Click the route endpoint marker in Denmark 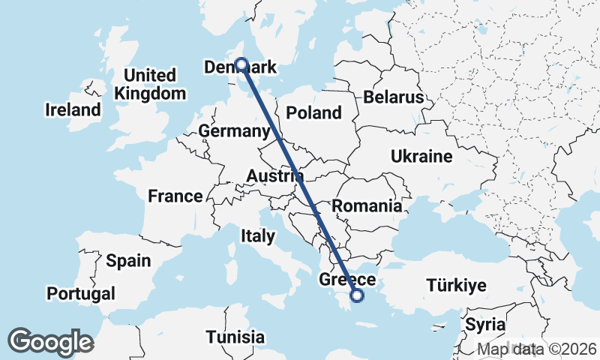coord(241,64)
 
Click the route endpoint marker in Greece coord(357,295)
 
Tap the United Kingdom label coord(150,85)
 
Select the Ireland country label coord(73,110)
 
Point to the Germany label coord(234,131)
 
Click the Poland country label coord(315,113)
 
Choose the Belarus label coord(394,97)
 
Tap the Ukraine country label coord(421,157)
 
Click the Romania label coord(367,205)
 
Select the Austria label coord(274,176)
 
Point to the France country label coord(175,196)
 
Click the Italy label coord(257,236)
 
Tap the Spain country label coord(128,261)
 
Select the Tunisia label coord(235,336)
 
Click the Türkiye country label coord(456,286)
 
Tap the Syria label coord(480,325)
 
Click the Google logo coord(50,342)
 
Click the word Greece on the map coord(347,280)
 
